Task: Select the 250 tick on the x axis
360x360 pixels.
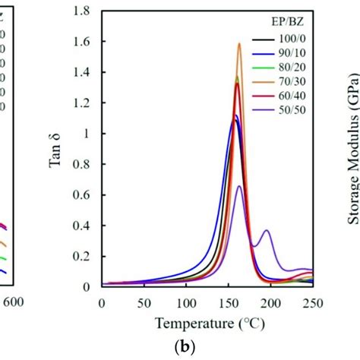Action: [312, 302]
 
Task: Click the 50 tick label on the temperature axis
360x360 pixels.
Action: [144, 302]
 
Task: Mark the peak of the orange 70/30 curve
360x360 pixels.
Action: [239, 43]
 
